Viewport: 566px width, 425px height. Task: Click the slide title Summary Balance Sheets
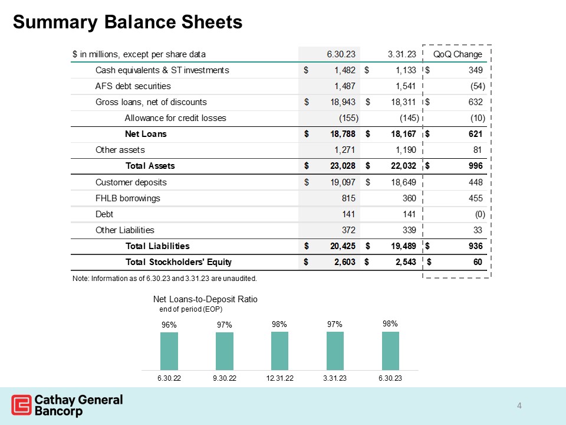[127, 22]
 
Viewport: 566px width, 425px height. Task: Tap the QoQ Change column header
[458, 54]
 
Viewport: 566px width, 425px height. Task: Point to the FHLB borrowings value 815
[348, 198]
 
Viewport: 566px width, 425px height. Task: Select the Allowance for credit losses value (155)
[345, 118]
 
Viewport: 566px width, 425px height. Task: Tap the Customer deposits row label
[131, 182]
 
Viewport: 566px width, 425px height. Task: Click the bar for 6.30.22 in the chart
[169, 351]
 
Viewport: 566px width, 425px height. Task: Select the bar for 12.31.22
[279, 350]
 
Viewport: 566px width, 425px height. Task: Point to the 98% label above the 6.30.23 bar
[390, 323]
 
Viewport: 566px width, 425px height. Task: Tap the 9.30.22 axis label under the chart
[224, 378]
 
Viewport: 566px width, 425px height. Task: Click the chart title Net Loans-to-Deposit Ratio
[206, 299]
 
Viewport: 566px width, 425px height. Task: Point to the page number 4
[519, 405]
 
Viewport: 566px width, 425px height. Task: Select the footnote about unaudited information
[164, 278]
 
